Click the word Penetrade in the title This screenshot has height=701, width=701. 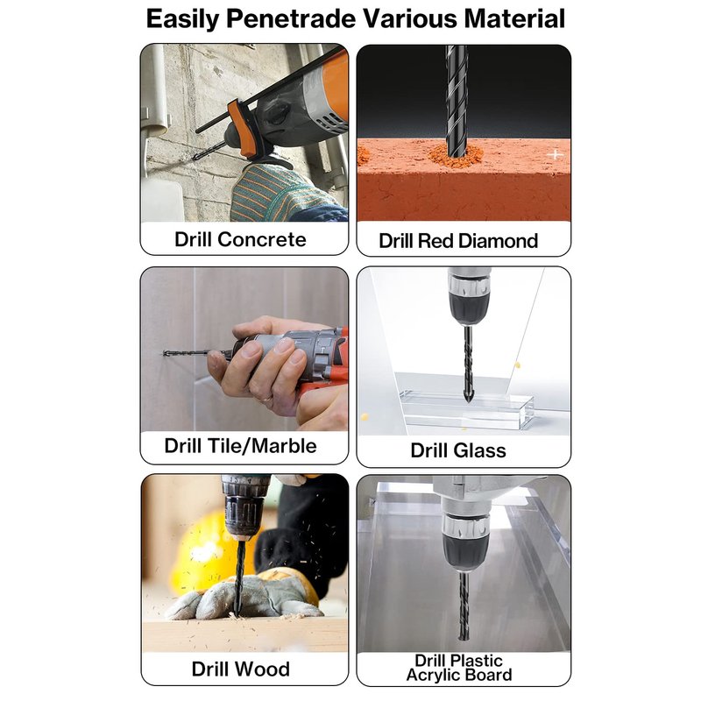(291, 19)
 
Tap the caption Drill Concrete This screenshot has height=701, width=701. (240, 239)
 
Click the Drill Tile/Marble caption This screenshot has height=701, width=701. (240, 446)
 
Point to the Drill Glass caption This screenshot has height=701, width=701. (458, 450)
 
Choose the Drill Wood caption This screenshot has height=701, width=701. (240, 669)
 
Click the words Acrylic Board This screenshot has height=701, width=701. (459, 675)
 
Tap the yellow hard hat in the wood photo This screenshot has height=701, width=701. (203, 550)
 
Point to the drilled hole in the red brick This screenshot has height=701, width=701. (457, 155)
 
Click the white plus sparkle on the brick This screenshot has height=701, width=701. (556, 155)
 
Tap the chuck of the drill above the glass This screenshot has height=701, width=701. (469, 299)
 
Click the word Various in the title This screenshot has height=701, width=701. (410, 19)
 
